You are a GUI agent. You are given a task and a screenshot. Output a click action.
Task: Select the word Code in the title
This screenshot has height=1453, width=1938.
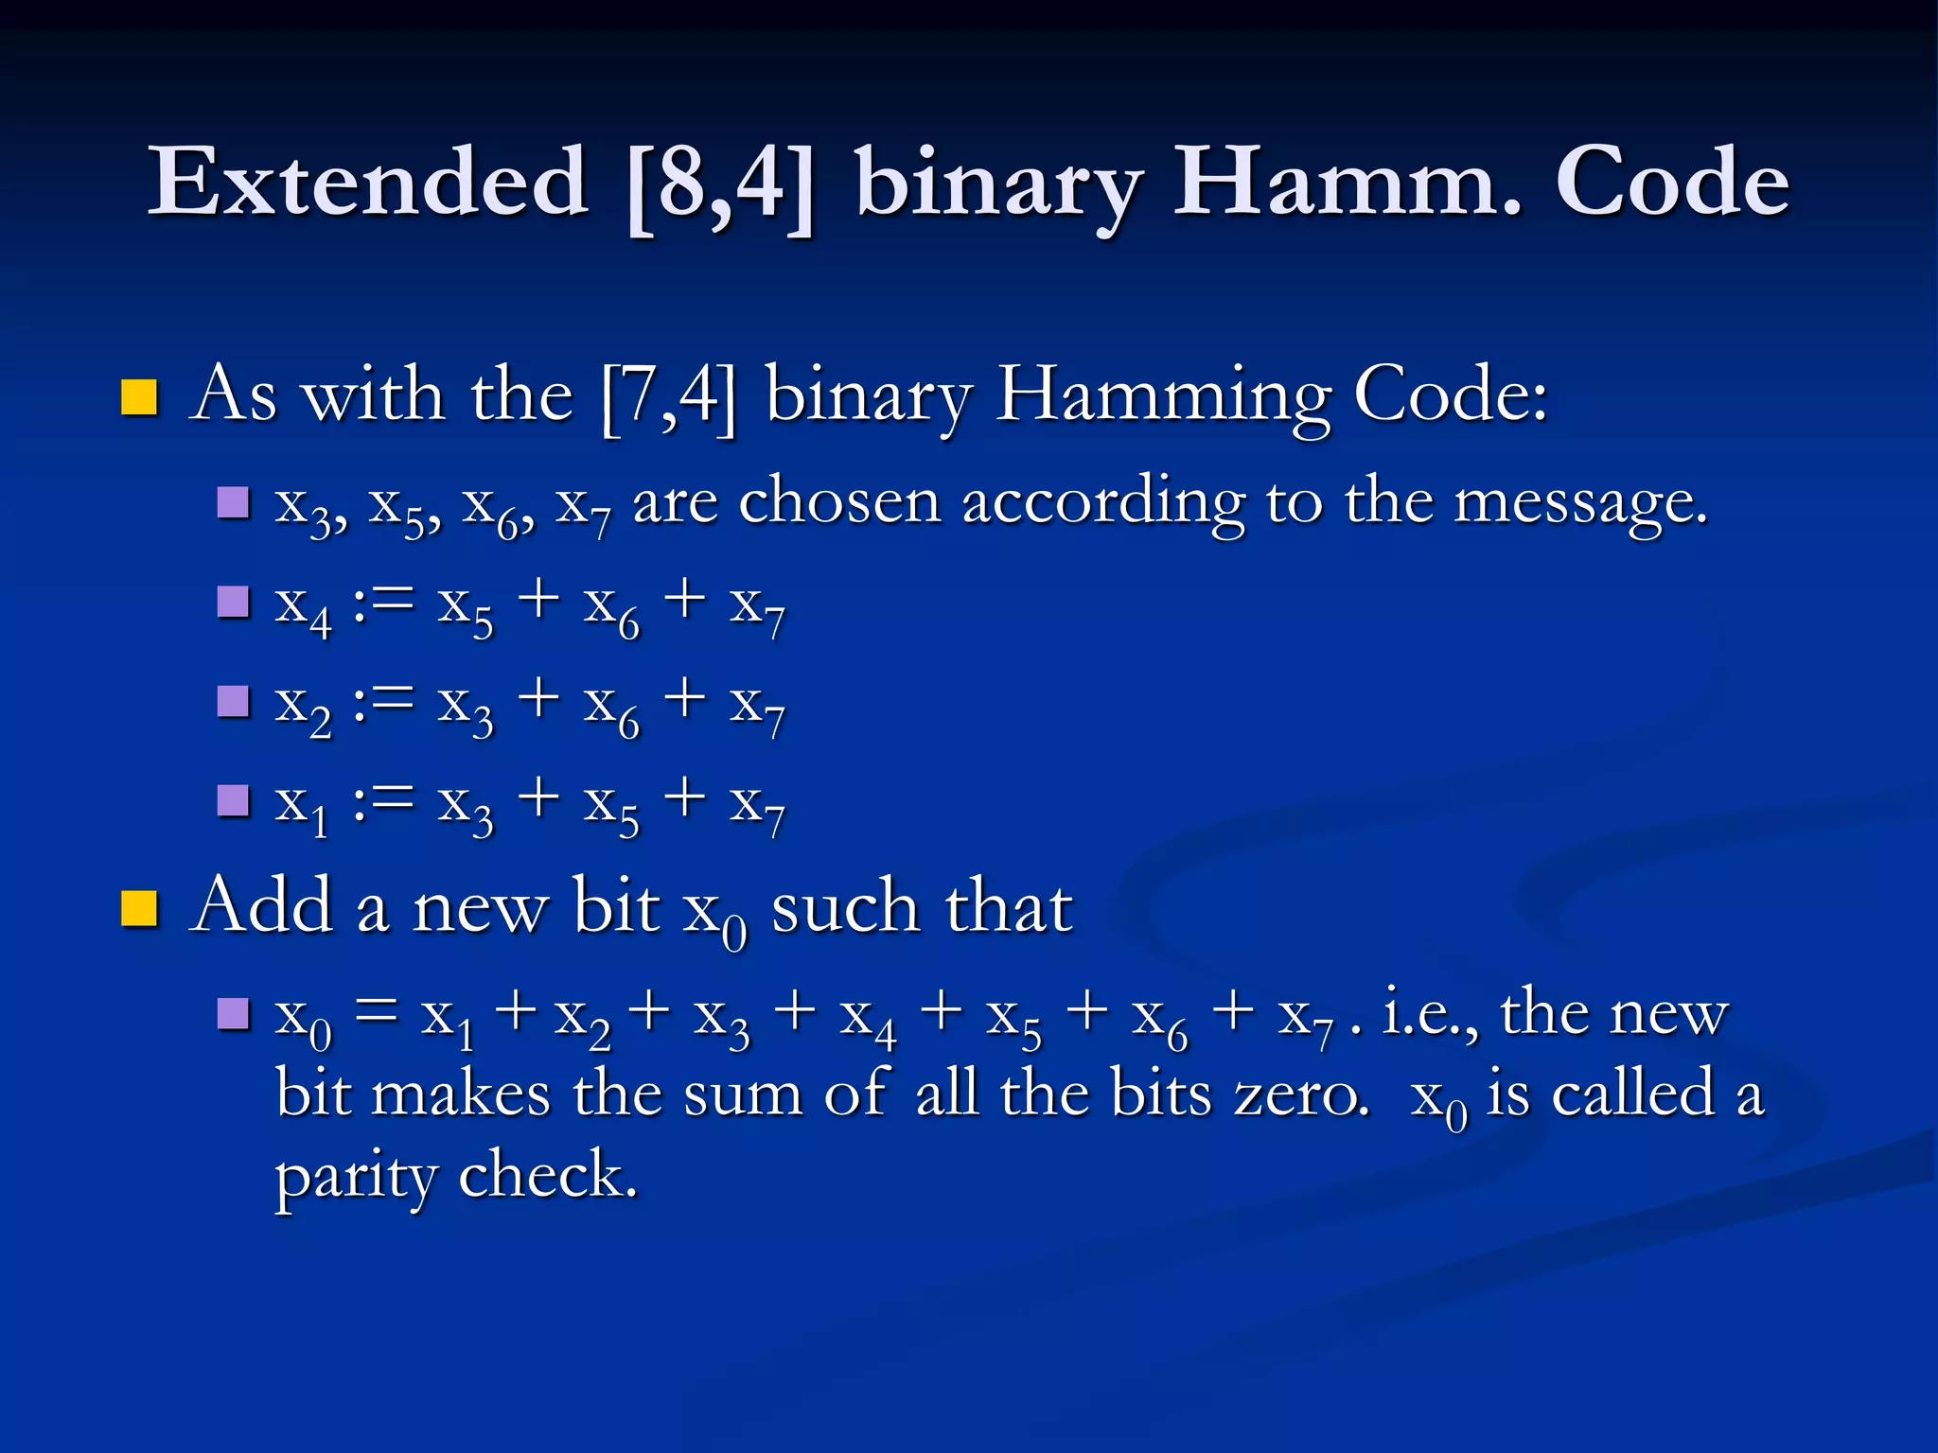pyautogui.click(x=1672, y=182)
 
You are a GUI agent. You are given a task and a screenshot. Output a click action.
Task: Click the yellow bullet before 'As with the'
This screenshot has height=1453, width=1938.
pyautogui.click(x=139, y=398)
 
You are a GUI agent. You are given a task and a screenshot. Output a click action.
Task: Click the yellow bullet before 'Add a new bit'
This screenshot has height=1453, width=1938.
pyautogui.click(x=139, y=909)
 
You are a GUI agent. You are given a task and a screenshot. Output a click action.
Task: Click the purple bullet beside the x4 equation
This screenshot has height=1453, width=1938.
pyautogui.click(x=233, y=602)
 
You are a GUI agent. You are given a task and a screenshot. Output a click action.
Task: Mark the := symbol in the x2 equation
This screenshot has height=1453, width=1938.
pyautogui.click(x=384, y=702)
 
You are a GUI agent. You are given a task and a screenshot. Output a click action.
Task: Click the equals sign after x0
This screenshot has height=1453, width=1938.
pyautogui.click(x=376, y=1013)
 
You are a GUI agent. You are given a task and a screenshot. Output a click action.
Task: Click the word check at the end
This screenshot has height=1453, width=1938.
pyautogui.click(x=548, y=1175)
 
